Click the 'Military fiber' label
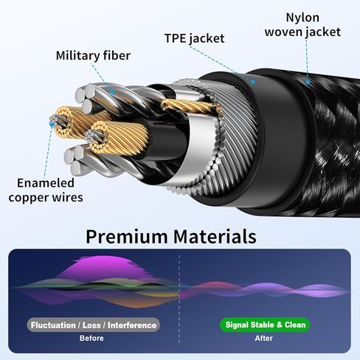coord(93,55)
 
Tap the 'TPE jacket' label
coord(194,38)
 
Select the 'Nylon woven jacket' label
coord(302,25)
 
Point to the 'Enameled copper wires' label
coord(46,190)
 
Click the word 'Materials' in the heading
coord(215,236)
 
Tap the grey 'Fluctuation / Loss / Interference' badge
coord(94,325)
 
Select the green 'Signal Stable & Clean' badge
coord(265,325)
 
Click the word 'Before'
coord(91,338)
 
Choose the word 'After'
coord(263,338)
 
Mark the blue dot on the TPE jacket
coord(253,82)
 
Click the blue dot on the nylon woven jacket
coord(308,82)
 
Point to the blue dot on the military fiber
coord(112,92)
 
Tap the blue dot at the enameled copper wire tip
coord(52,125)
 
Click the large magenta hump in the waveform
coord(105,267)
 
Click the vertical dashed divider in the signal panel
coord(179,299)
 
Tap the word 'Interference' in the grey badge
coord(132,325)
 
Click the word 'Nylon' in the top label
coord(302,18)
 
